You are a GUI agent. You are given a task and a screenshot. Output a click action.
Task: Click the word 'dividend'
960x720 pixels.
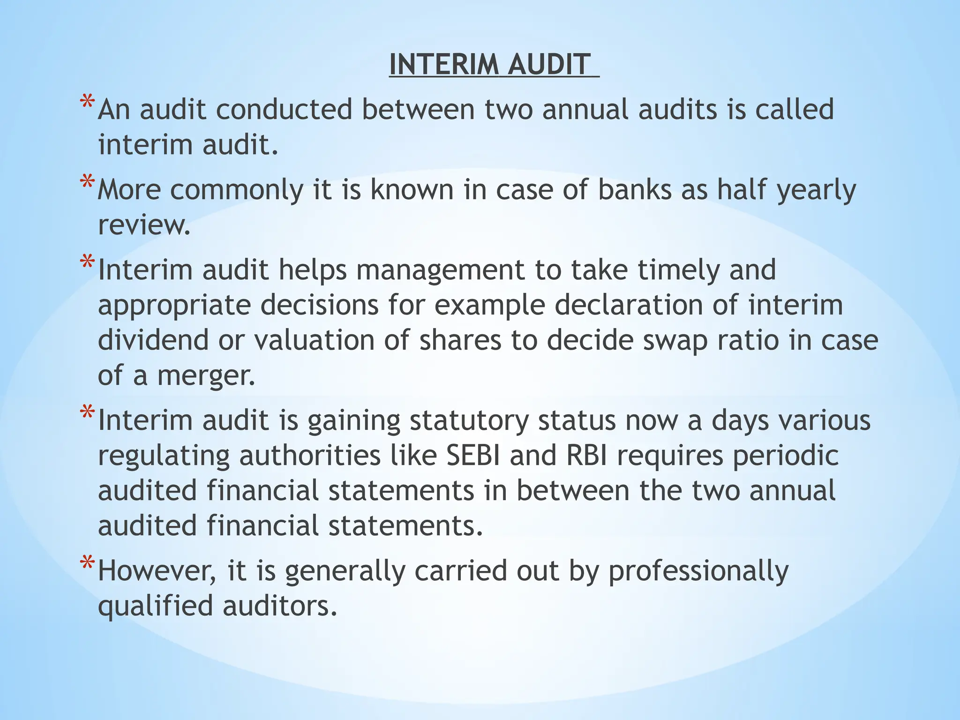point(153,340)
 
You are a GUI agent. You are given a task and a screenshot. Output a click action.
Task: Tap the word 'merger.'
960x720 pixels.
point(206,375)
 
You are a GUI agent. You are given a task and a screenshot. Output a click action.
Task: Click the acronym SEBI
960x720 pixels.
point(473,455)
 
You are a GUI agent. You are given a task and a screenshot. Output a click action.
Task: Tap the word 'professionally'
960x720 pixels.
point(698,571)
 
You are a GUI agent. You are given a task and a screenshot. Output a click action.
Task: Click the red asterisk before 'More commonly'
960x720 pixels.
point(87,182)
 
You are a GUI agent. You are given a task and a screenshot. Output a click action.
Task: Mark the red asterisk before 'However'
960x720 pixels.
point(87,563)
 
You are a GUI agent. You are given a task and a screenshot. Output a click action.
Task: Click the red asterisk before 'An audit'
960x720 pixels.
point(87,102)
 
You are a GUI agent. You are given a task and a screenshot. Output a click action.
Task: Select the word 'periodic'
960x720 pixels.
point(786,455)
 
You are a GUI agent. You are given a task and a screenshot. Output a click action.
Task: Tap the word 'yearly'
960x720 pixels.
point(816,191)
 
